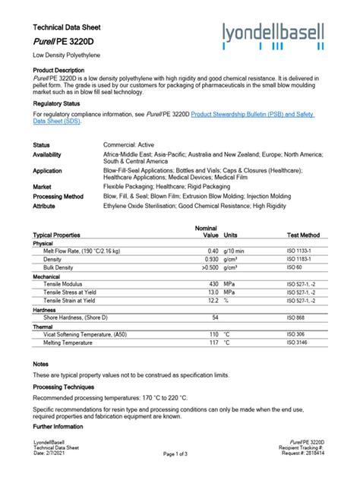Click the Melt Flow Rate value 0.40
point(212,251)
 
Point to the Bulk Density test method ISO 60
point(294,267)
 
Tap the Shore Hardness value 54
point(215,317)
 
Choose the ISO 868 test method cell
point(295,317)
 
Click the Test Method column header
point(303,235)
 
